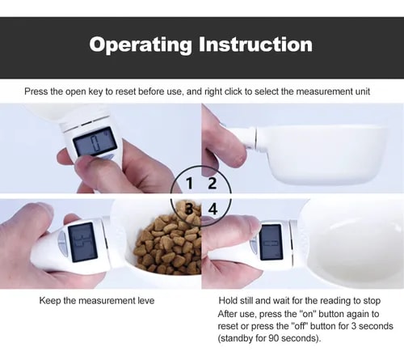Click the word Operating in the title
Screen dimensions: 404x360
pos(141,45)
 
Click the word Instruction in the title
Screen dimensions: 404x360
pos(255,44)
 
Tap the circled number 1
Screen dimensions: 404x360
pos(190,184)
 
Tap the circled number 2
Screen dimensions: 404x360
pos(213,184)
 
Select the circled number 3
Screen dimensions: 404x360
pos(190,209)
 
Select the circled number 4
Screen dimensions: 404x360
pos(213,209)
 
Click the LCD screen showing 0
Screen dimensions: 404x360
pos(95,142)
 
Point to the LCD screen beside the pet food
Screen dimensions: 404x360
pos(82,242)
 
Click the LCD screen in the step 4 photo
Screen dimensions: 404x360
pos(271,242)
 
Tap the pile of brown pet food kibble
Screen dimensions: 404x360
pos(167,240)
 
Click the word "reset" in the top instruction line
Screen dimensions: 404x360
pos(125,91)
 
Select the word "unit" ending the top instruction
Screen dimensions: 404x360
pos(363,91)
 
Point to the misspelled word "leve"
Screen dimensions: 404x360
pos(146,301)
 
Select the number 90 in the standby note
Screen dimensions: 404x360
pos(274,338)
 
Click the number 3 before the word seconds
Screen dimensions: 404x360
pos(354,326)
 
